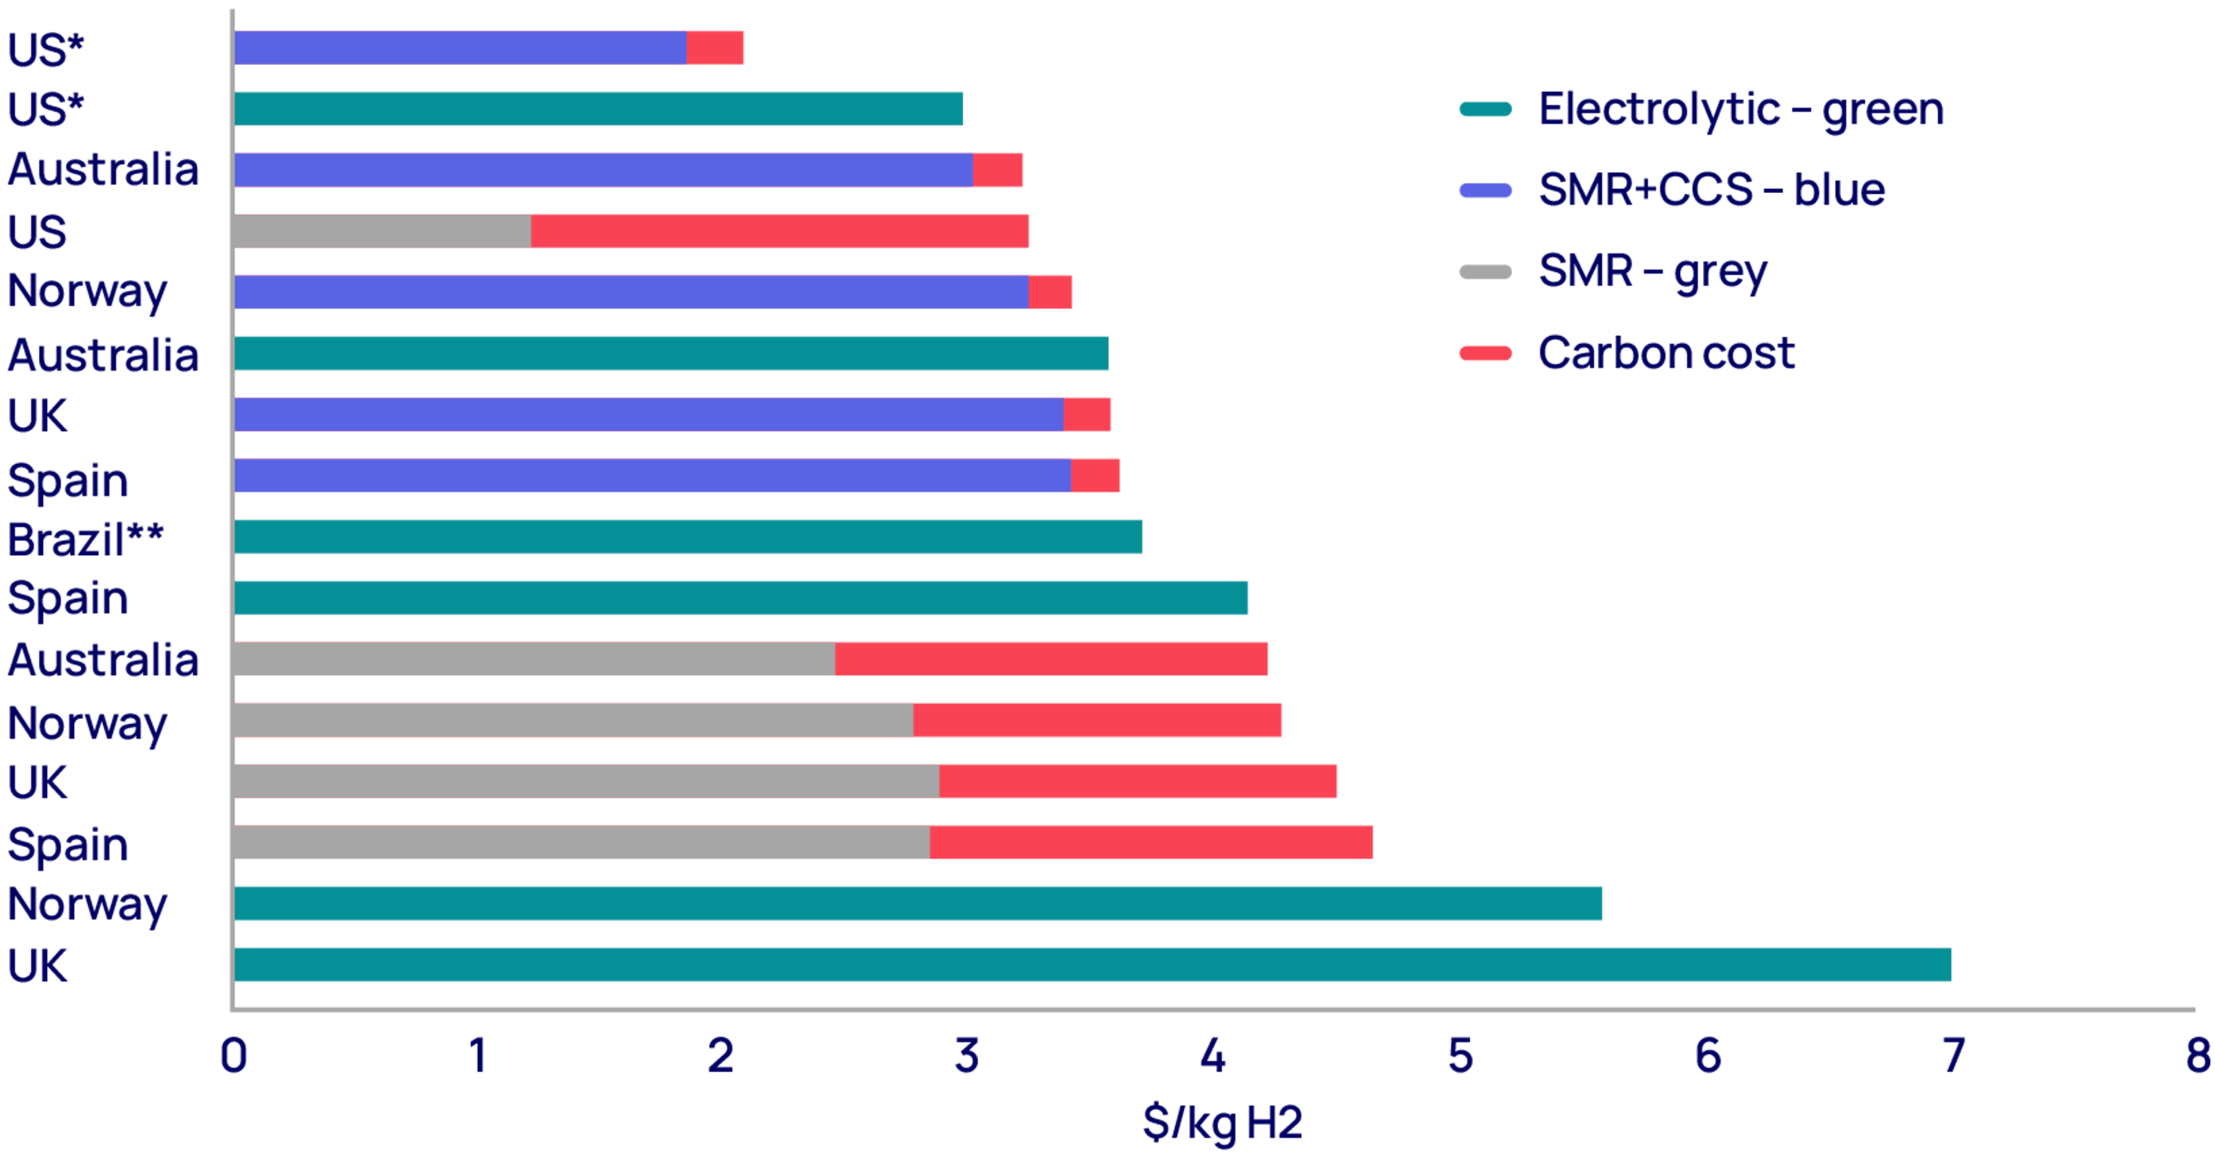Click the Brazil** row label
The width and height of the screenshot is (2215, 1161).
click(85, 539)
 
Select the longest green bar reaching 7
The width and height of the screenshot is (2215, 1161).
click(1092, 964)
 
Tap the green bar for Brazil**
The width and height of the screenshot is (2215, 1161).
click(688, 536)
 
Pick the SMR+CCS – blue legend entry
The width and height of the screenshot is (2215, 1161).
click(1711, 189)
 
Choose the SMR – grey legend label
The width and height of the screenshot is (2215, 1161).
click(1652, 271)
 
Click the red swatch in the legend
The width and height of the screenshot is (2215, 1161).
click(1485, 352)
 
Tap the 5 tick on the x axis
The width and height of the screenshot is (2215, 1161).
click(1460, 1055)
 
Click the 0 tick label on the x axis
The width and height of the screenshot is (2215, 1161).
click(233, 1055)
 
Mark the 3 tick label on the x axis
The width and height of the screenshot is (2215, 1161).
click(967, 1055)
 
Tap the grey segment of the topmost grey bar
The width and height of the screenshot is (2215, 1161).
click(382, 231)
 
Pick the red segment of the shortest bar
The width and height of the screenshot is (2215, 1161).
click(715, 47)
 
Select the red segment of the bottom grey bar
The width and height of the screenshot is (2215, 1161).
click(1151, 842)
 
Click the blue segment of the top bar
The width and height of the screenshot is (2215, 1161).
click(460, 47)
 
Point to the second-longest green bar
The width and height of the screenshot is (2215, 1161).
click(918, 903)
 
